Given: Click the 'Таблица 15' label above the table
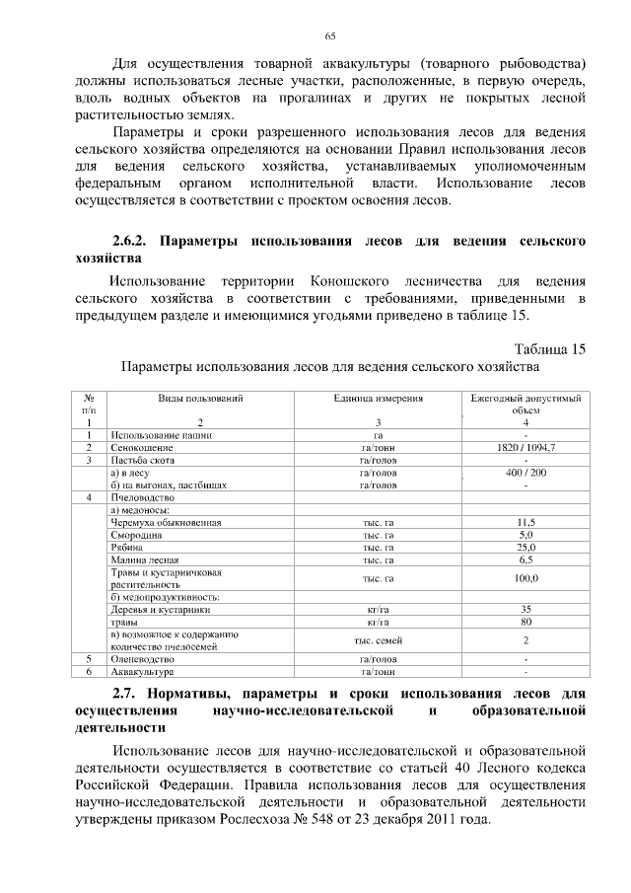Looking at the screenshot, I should pyautogui.click(x=550, y=348).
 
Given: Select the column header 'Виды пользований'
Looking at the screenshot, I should pyautogui.click(x=200, y=398).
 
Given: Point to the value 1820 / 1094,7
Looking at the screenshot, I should pyautogui.click(x=526, y=447).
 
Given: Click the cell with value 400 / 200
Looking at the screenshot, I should pyautogui.click(x=526, y=473).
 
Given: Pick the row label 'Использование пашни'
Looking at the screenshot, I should pyautogui.click(x=161, y=434).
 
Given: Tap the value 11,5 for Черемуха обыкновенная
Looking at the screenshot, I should pyautogui.click(x=526, y=522).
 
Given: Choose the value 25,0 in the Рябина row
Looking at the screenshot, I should pyautogui.click(x=526, y=547).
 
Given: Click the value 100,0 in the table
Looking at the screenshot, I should pyautogui.click(x=526, y=578).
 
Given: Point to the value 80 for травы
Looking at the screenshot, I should pyautogui.click(x=526, y=623).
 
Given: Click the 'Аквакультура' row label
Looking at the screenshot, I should pyautogui.click(x=143, y=671).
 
